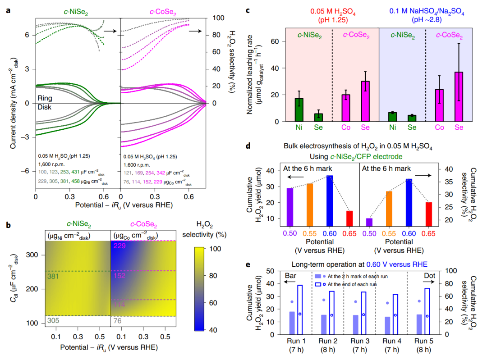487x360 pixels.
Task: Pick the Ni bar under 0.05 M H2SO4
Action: coord(299,110)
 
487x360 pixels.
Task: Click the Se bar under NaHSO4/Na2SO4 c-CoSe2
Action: coord(459,96)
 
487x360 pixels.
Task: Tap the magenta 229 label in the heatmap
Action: coord(119,246)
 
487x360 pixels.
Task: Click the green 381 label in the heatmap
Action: coord(53,275)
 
